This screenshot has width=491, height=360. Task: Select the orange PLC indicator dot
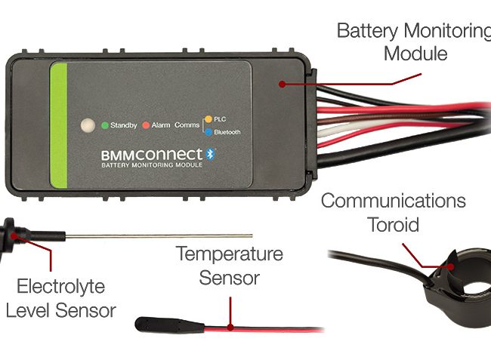[x=208, y=118]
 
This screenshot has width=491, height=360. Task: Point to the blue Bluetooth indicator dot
[x=208, y=132]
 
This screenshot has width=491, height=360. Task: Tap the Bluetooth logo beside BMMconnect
[x=212, y=152]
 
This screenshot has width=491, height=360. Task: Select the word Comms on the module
[x=186, y=125]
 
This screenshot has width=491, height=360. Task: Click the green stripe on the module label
[x=60, y=125]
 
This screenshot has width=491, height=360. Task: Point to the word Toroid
[x=393, y=224]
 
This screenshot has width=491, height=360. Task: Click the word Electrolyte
[x=62, y=288]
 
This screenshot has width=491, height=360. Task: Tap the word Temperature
[x=230, y=253]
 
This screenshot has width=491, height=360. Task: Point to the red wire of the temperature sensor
[x=264, y=328]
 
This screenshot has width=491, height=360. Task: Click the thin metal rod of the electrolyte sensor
[x=151, y=236]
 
